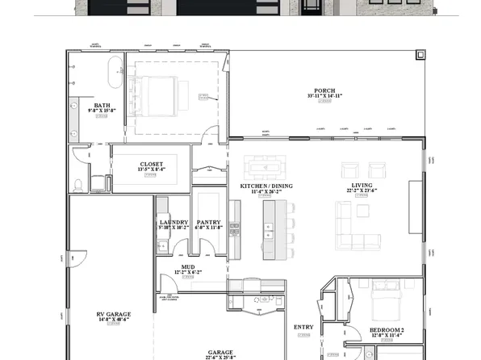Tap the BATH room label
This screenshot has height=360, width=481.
tap(102, 105)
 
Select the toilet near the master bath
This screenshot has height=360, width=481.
tap(77, 185)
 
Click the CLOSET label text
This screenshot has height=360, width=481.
tap(151, 164)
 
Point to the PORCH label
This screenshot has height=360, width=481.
tap(325, 90)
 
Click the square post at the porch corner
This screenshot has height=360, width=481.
tap(419, 55)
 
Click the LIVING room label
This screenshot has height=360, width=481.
tap(358, 186)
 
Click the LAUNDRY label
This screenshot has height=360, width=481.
tap(174, 222)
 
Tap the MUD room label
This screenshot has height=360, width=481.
tap(187, 266)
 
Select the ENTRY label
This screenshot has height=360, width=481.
tap(303, 327)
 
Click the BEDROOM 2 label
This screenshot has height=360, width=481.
tap(386, 330)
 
